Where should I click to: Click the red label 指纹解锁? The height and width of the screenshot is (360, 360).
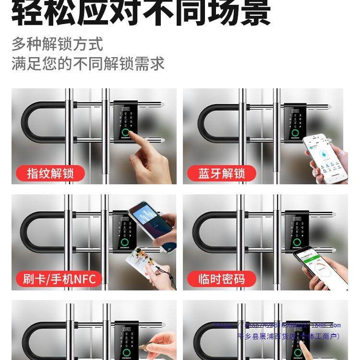click(x=50, y=173)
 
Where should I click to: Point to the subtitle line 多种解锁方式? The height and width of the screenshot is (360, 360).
click(x=58, y=44)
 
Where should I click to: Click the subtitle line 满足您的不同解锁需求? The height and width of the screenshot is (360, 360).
click(x=88, y=64)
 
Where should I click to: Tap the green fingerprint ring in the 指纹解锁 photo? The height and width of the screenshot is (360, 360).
click(x=126, y=133)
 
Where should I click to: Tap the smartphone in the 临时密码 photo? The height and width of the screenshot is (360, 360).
click(x=319, y=264)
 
